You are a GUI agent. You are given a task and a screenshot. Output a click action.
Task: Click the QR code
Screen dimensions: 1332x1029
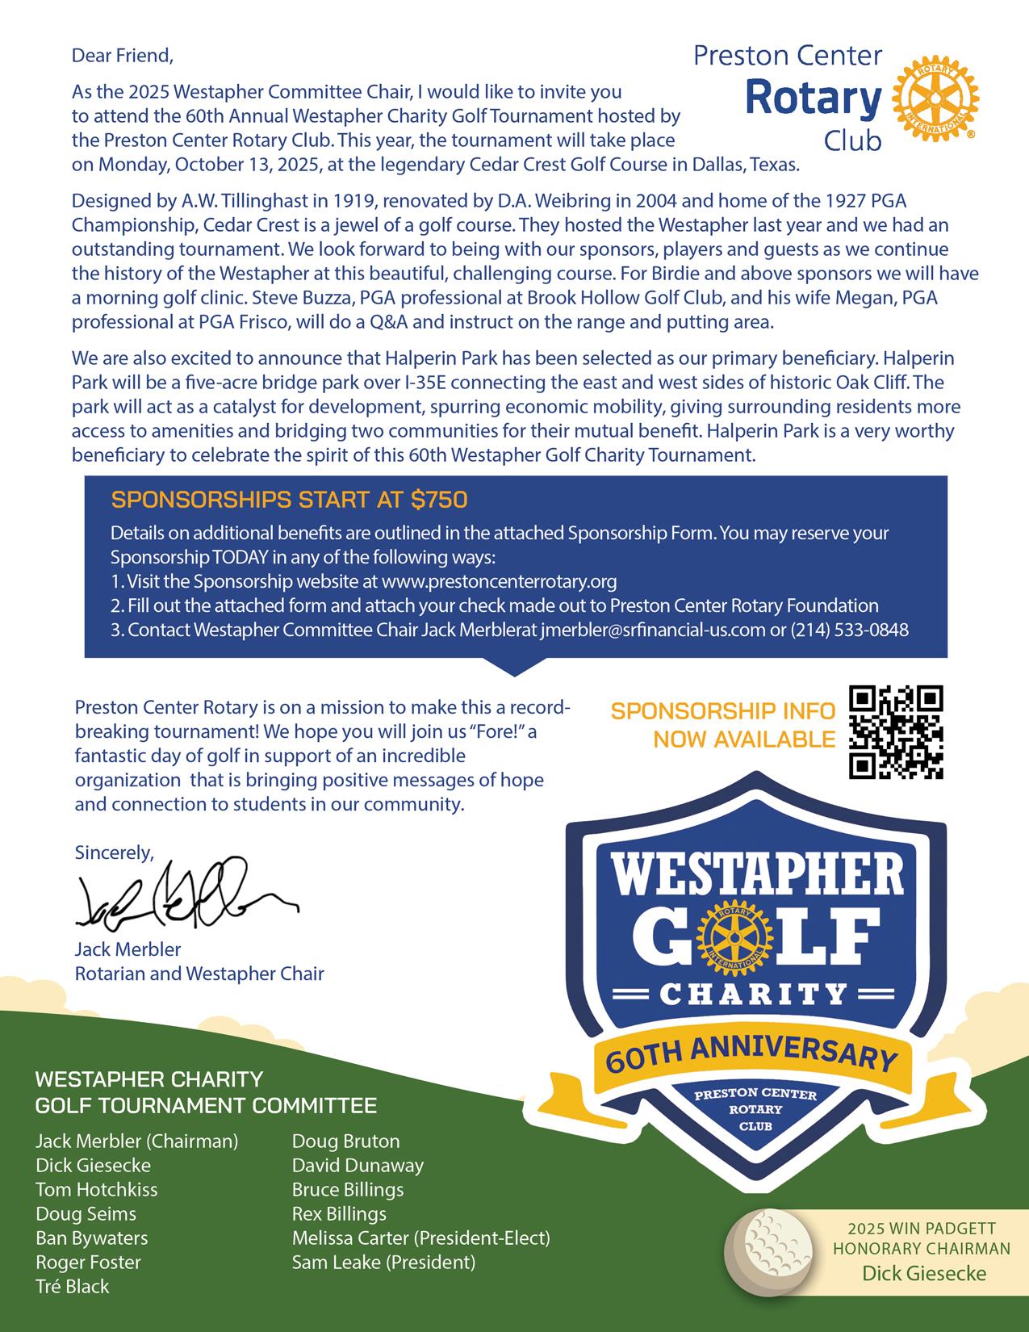click(896, 732)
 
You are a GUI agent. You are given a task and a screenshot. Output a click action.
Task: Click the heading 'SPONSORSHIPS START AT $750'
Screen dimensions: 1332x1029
click(289, 501)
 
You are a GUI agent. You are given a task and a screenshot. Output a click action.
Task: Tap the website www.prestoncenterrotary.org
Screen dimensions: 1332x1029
click(499, 581)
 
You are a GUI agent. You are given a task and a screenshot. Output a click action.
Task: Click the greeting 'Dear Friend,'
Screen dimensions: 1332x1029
click(123, 56)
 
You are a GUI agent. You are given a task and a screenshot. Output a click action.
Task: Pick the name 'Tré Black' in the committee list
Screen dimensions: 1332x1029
click(72, 1286)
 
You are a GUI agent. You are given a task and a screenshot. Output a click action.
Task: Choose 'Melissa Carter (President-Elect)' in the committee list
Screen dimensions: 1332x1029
click(420, 1238)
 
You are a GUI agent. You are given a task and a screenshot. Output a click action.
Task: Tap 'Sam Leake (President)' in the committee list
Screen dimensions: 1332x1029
click(383, 1262)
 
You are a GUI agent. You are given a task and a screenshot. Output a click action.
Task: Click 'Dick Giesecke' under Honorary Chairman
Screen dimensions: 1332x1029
click(924, 1274)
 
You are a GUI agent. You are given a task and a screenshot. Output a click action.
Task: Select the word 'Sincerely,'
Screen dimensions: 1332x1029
click(114, 852)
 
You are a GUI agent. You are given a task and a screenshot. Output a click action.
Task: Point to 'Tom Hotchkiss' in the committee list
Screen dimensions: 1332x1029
click(97, 1189)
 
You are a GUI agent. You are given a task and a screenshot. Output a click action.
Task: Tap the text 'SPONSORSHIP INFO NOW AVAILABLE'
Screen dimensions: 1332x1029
click(723, 725)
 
